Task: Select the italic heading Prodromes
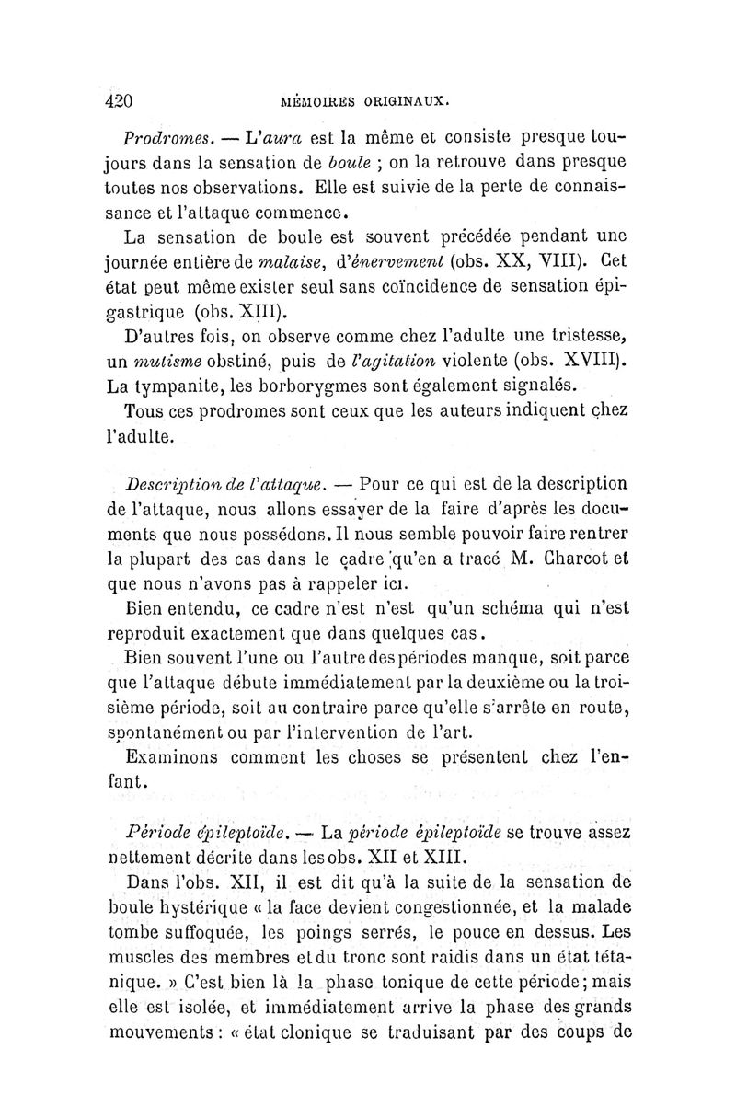[x=168, y=139]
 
